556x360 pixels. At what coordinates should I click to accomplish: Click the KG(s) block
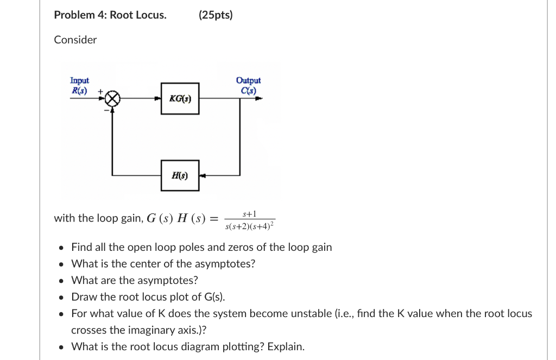pyautogui.click(x=180, y=98)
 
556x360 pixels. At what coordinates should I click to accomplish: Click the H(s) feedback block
pyautogui.click(x=180, y=175)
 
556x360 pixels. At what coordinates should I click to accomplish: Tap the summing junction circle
pyautogui.click(x=112, y=99)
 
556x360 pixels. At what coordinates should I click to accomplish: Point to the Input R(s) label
pyautogui.click(x=80, y=85)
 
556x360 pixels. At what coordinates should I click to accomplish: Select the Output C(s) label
pyautogui.click(x=248, y=85)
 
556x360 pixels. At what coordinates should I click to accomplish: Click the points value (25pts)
pyautogui.click(x=216, y=15)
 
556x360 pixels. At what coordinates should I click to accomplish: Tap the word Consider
pyautogui.click(x=75, y=40)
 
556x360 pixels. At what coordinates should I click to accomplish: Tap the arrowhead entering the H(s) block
pyautogui.click(x=203, y=175)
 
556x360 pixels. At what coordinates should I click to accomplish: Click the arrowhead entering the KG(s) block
pyautogui.click(x=157, y=99)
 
